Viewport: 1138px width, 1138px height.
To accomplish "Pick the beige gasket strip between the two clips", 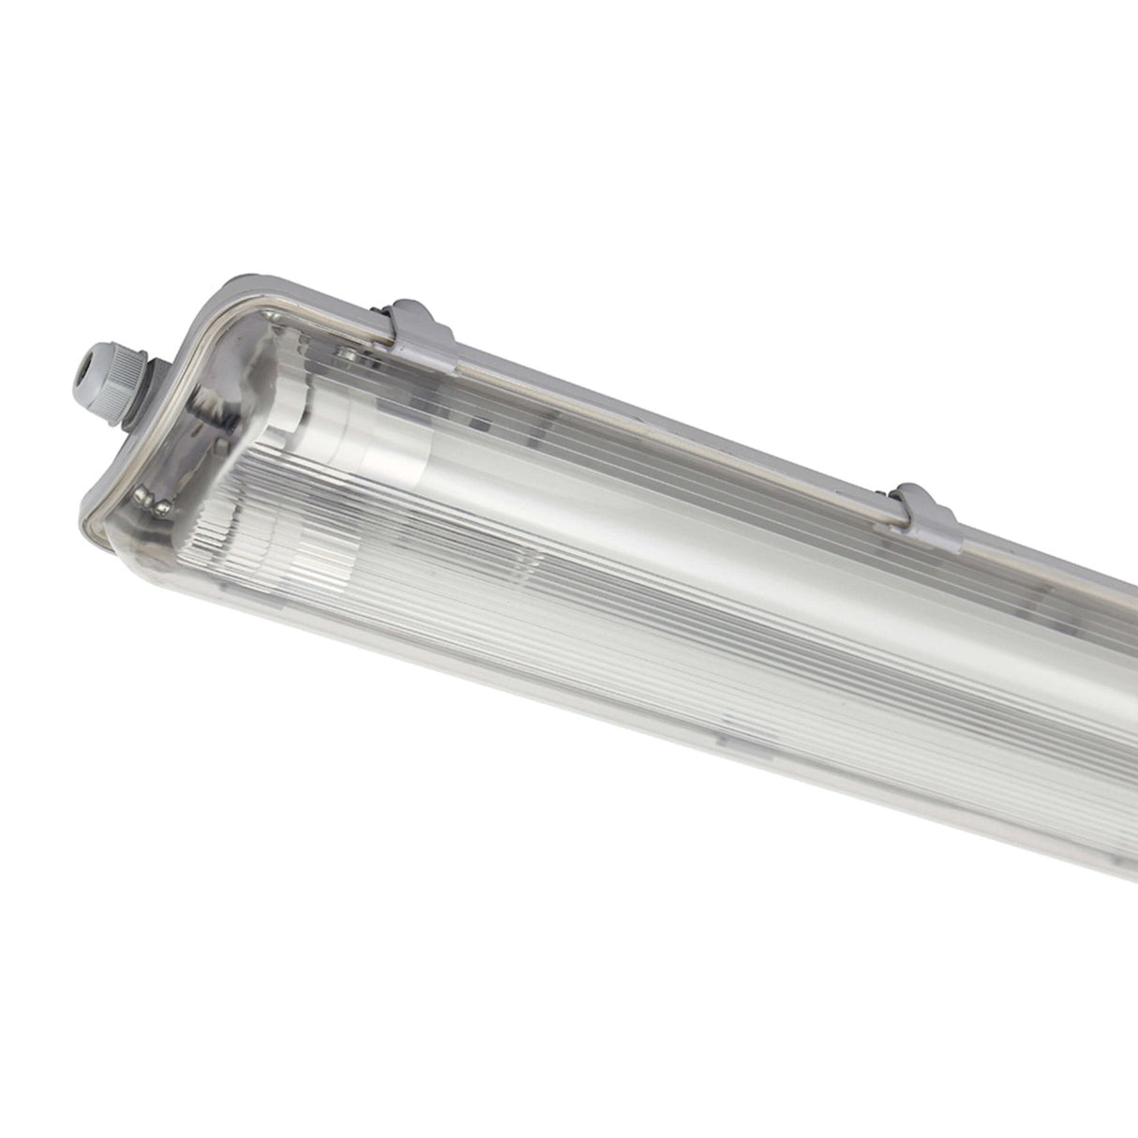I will (x=656, y=412).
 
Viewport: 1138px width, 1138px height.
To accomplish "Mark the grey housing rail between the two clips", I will (x=656, y=398).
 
